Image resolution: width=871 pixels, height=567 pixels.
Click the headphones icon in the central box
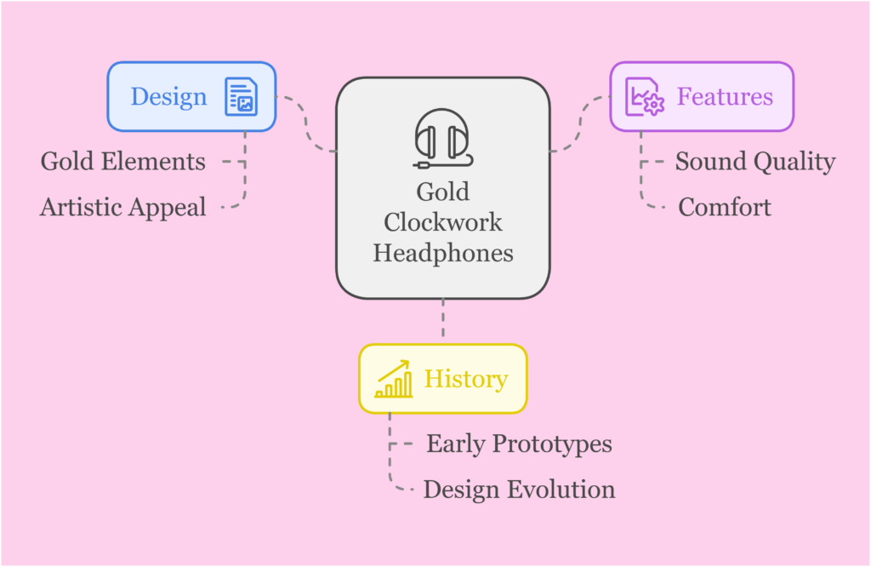coord(442,137)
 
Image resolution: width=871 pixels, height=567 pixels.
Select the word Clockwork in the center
coord(442,222)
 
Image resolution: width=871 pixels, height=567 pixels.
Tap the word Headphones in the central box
coord(442,253)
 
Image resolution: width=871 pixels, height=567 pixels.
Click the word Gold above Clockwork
coord(442,192)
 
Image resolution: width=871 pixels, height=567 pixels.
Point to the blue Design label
coord(168,96)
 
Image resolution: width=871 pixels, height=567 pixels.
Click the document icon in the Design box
coord(241,96)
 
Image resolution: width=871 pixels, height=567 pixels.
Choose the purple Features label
coord(725,96)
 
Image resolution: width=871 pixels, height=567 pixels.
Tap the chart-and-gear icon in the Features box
coord(644,96)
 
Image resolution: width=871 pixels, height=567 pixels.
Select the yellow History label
coord(465,379)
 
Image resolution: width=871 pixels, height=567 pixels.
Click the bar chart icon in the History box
coord(394,379)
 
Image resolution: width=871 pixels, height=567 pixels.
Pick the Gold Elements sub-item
coord(123,162)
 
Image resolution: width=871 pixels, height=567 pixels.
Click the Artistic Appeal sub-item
coord(123,207)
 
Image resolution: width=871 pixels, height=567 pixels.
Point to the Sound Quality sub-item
coord(754,162)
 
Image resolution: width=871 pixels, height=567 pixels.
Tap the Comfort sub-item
coord(725,207)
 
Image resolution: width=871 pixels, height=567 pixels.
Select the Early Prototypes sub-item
coord(519,444)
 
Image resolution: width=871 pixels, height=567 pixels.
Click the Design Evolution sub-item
coord(519,490)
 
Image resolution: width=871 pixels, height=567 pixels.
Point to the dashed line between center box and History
coord(442,322)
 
